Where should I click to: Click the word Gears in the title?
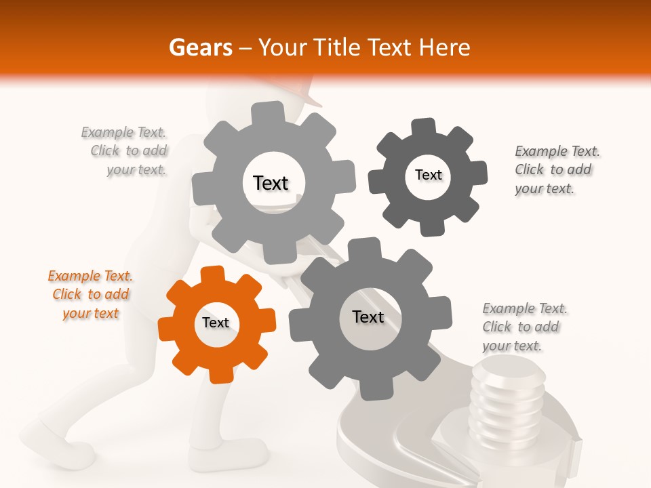coord(200,47)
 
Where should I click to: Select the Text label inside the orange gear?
coord(216,323)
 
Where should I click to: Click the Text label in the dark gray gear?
coord(428,176)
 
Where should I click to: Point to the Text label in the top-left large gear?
coord(271,183)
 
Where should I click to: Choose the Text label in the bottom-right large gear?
coord(368,317)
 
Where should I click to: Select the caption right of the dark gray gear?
coord(556,170)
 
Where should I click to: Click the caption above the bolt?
coord(524,327)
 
